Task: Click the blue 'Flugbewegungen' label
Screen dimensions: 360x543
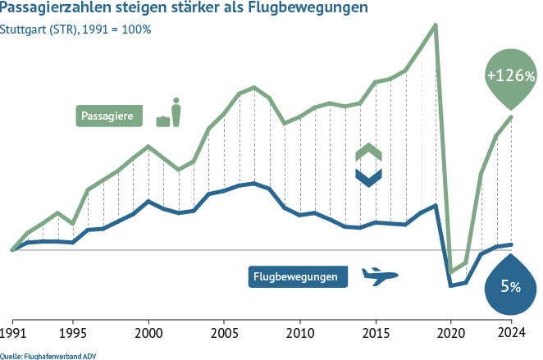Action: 296,277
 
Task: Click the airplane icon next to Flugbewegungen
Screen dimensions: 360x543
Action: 378,276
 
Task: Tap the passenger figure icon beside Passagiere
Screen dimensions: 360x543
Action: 176,112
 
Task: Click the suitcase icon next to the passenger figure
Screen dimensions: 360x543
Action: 163,121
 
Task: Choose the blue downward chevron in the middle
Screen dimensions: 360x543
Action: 368,175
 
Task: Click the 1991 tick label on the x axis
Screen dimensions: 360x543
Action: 12,335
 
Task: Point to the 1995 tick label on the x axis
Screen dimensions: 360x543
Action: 73,335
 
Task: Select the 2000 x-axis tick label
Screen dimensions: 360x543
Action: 148,335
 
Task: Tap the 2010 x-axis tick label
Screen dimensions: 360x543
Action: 299,335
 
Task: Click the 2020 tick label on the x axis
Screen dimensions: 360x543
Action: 450,335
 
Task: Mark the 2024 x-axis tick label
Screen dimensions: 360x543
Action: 511,335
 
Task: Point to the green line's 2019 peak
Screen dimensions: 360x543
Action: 435,25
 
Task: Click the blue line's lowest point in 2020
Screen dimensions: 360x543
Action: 450,285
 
